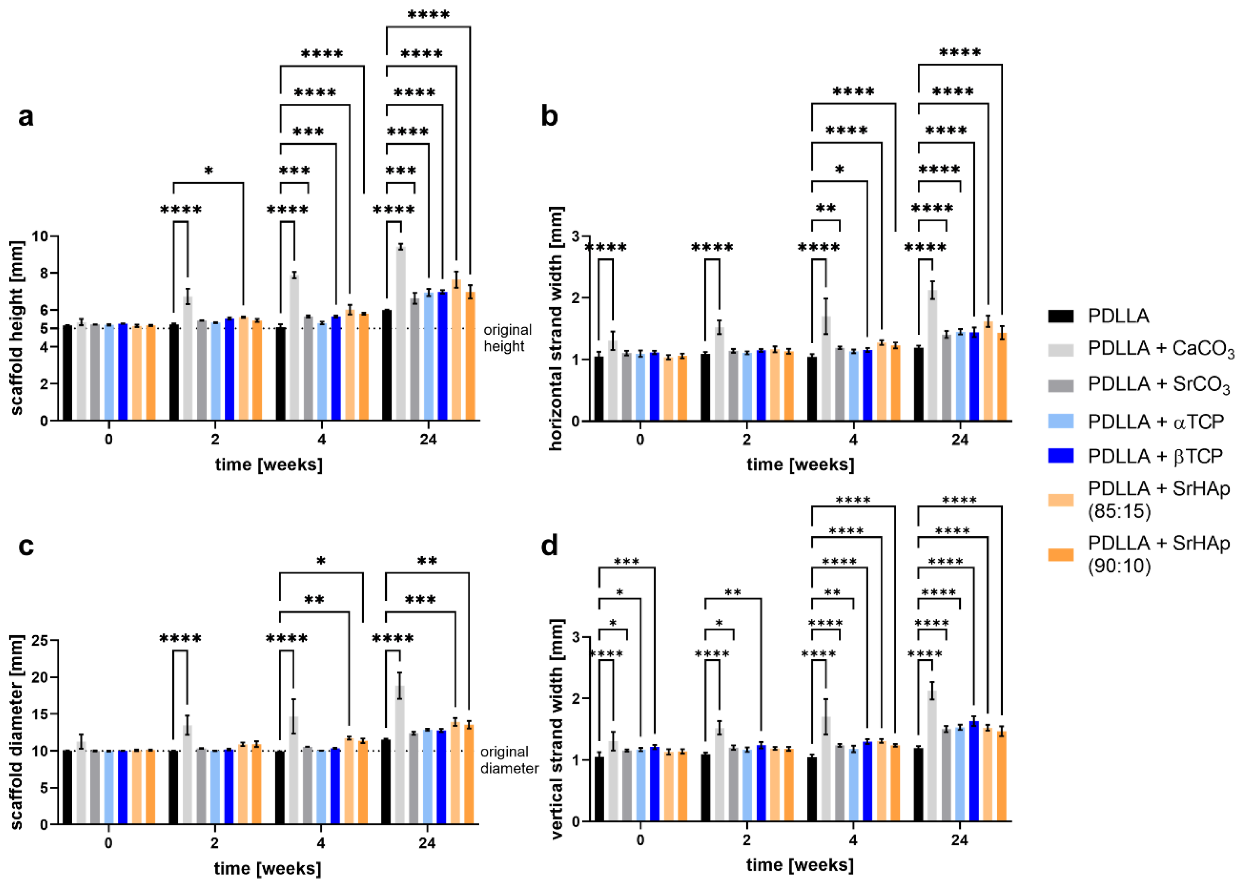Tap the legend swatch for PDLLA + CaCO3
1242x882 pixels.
tap(1060, 349)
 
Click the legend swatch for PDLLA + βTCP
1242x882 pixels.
tap(1060, 456)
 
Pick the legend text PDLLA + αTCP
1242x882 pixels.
tap(1156, 422)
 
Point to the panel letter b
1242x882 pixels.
tap(550, 116)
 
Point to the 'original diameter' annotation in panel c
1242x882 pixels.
tap(509, 760)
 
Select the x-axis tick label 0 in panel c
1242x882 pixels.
tap(109, 843)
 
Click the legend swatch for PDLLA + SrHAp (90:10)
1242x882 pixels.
tap(1060, 554)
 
